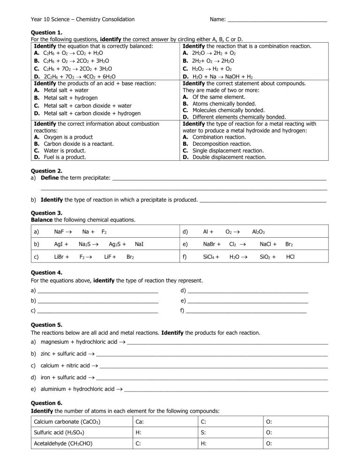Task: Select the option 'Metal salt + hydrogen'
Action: tap(70, 98)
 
